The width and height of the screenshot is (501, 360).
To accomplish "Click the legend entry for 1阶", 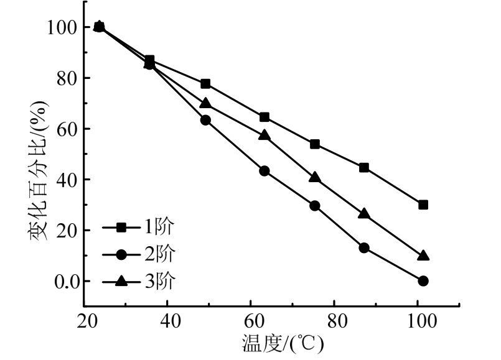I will [146, 228].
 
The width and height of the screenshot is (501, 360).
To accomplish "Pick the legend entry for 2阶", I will [146, 254].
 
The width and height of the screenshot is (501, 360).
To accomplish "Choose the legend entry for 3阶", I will [146, 280].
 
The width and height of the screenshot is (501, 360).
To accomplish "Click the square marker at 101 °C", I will [423, 205].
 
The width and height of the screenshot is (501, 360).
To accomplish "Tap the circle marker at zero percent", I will [423, 281].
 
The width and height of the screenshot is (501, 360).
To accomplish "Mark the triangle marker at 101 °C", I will [423, 256].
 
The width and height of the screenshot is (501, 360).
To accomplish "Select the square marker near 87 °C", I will [364, 167].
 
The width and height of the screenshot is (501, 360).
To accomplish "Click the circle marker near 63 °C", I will [265, 171].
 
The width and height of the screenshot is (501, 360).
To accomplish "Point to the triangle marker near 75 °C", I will [315, 178].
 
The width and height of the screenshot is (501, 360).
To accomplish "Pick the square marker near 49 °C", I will [205, 84].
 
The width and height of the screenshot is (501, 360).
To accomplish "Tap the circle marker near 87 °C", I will [364, 247].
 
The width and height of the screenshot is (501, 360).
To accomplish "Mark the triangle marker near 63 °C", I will [265, 135].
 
